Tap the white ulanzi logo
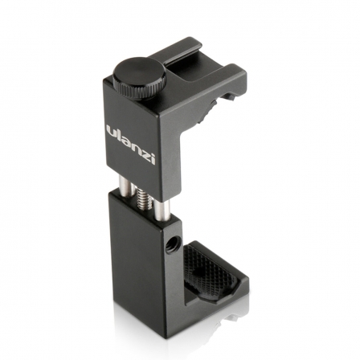click(132, 140)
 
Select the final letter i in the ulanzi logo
click(153, 153)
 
